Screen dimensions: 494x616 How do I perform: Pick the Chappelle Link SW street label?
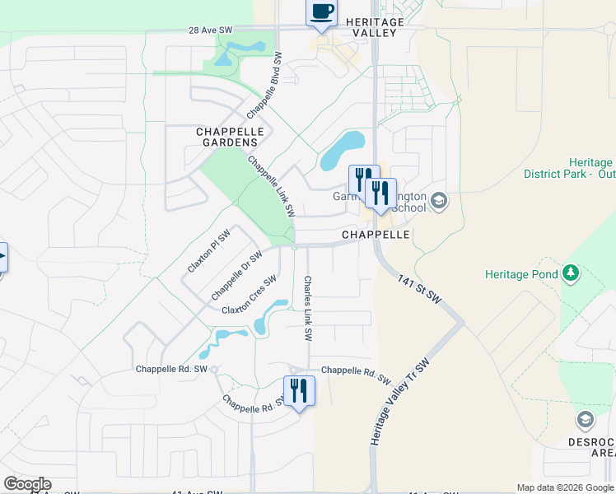271,187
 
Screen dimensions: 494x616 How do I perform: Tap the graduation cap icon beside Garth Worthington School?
439,200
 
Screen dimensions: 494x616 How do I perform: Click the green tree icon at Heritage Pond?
570,273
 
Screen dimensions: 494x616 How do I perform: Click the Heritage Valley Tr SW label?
400,402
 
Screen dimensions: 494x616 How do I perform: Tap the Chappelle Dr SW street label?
236,277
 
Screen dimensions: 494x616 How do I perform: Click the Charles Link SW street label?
307,309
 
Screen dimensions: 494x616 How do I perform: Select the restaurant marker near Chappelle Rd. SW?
298,392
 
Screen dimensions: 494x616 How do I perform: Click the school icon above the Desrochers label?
585,421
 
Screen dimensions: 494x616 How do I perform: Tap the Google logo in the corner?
27,484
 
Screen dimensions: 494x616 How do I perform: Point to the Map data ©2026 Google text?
565,487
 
